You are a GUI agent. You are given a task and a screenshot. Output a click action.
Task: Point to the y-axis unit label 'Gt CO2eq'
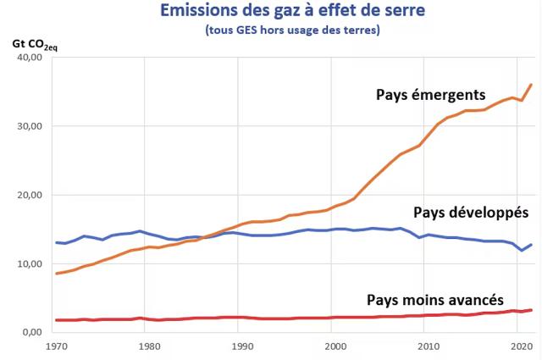(29, 43)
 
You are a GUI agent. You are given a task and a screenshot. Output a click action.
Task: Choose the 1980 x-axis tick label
(149, 346)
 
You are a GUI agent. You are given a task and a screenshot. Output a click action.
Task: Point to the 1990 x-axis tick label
(242, 346)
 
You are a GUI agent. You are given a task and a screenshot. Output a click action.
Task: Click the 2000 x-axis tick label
(335, 346)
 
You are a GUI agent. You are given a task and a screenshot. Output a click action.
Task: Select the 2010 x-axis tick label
(429, 346)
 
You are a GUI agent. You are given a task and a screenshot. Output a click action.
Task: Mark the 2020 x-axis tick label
(522, 346)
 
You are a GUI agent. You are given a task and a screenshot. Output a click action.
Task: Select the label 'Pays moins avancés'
(435, 300)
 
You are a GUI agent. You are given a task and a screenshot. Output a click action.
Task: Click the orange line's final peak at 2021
(530, 85)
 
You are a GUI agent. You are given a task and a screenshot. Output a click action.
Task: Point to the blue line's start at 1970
(56, 243)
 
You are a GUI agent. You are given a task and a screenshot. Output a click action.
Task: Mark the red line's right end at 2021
(530, 310)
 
